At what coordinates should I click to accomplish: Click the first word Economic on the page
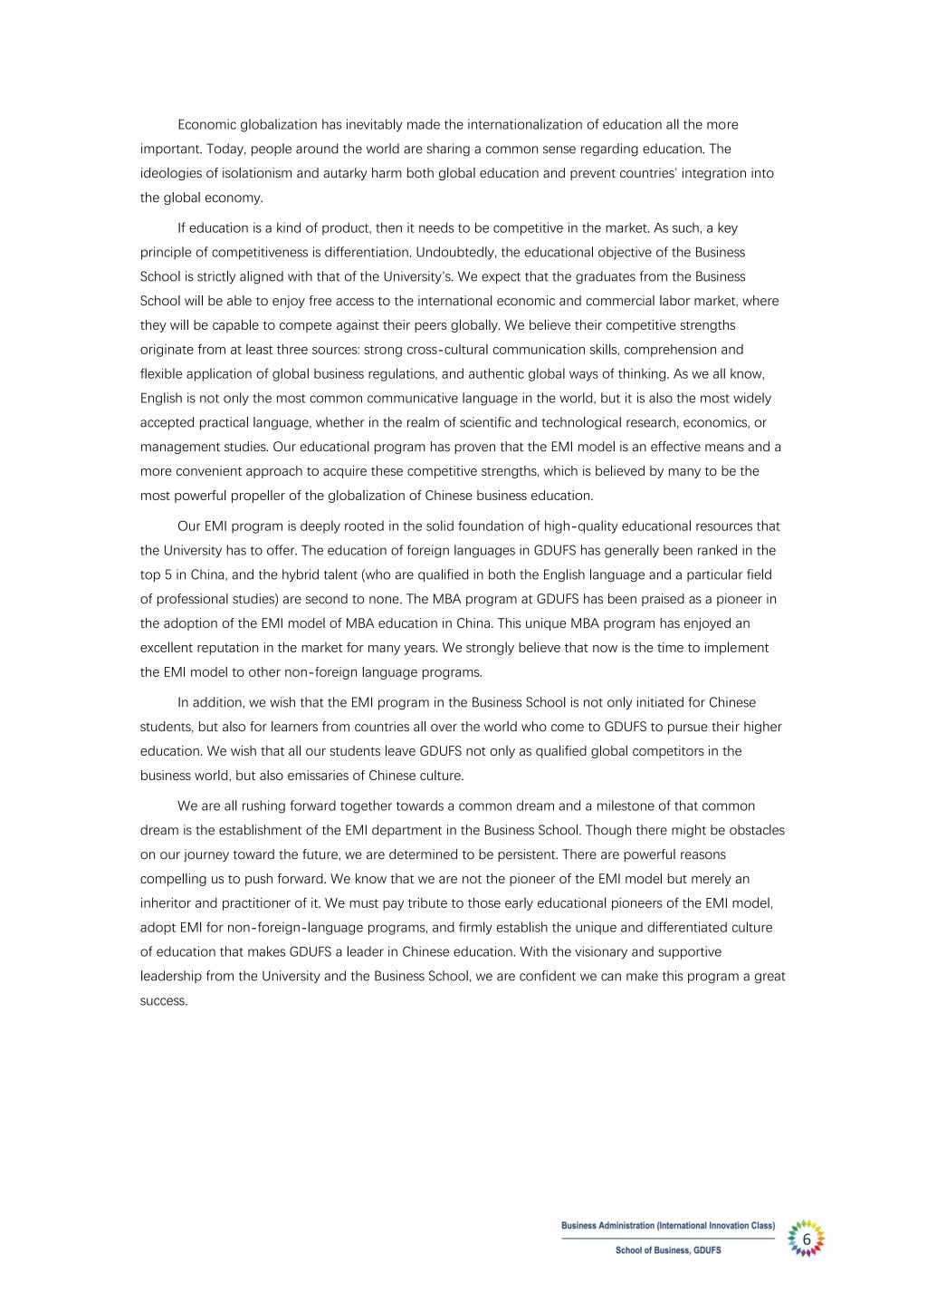(x=207, y=124)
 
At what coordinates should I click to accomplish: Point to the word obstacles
(x=756, y=830)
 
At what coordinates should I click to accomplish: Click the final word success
(x=164, y=1001)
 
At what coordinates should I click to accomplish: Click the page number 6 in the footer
(x=806, y=1239)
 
